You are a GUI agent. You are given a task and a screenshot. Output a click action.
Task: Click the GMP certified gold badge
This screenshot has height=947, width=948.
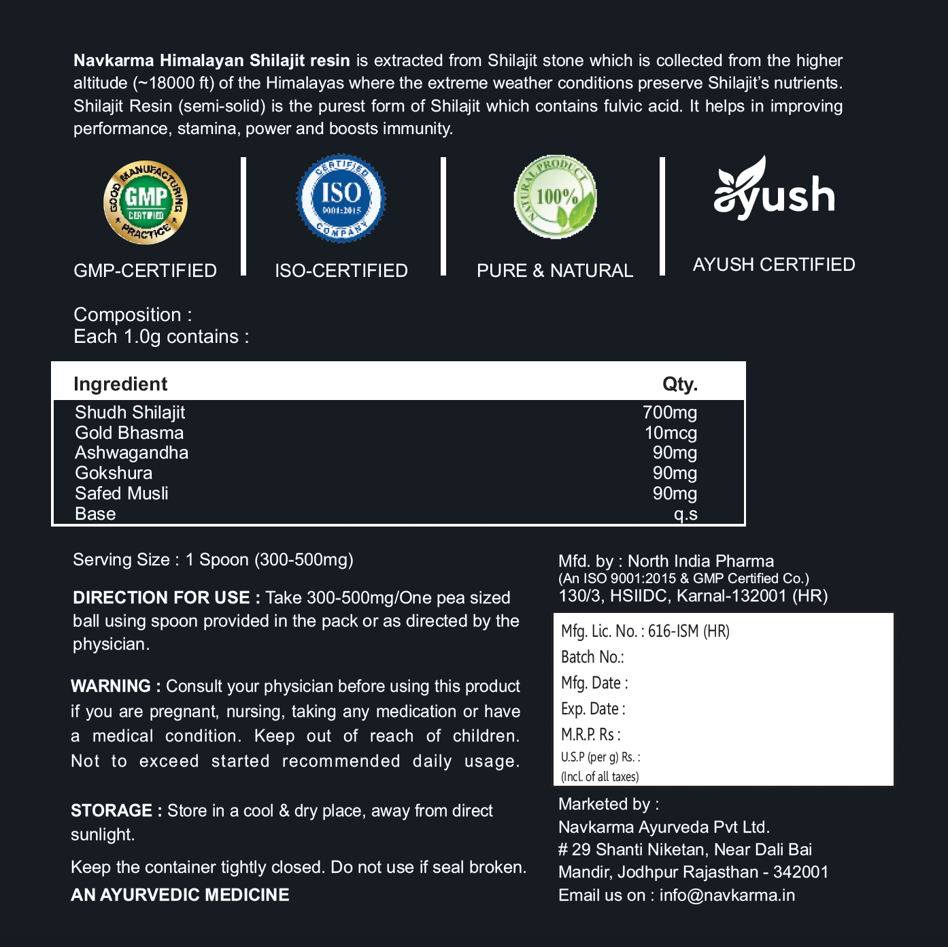146,202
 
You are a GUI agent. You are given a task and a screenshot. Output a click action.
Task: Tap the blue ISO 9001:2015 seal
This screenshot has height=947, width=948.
341,198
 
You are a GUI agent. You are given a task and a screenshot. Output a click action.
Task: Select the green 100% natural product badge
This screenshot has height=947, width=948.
555,197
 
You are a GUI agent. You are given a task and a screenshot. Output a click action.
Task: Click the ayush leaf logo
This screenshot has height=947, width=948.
774,188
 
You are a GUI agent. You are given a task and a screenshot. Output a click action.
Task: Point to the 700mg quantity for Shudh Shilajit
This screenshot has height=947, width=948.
669,412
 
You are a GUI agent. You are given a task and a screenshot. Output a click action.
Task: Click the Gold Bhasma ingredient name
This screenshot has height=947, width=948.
129,433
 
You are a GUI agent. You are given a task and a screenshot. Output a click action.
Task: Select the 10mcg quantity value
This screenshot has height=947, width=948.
671,433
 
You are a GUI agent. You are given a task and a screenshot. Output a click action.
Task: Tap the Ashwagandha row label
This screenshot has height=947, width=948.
131,453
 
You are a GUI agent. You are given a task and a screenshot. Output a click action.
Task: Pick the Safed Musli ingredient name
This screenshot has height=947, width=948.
122,493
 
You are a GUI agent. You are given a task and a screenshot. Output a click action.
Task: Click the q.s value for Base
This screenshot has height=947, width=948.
685,514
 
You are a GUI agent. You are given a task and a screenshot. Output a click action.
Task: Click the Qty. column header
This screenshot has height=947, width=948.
679,384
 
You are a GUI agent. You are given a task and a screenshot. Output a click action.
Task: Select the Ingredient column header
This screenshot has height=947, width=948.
120,384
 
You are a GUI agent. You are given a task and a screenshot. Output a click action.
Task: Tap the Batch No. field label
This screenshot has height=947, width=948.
592,657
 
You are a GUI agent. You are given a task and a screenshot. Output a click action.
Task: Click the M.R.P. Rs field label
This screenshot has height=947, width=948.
590,735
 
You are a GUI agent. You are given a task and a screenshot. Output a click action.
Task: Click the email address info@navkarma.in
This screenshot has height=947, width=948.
727,895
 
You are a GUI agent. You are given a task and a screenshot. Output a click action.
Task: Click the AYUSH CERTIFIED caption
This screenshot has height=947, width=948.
774,265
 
